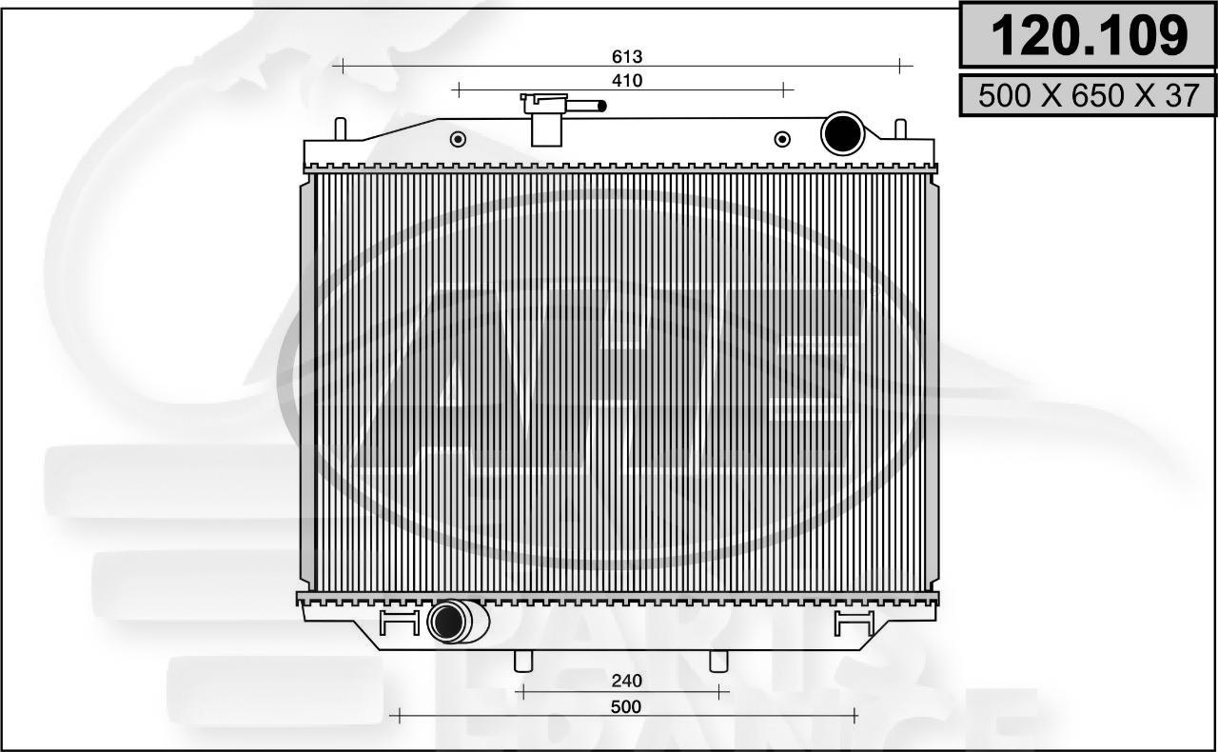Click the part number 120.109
pyautogui.click(x=1089, y=36)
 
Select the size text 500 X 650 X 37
pyautogui.click(x=1089, y=96)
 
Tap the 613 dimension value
pyautogui.click(x=627, y=58)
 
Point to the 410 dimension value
pyautogui.click(x=627, y=81)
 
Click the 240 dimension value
pyautogui.click(x=627, y=681)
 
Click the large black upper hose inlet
pyautogui.click(x=842, y=133)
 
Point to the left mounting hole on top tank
pyautogui.click(x=458, y=139)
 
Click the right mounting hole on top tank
pyautogui.click(x=782, y=139)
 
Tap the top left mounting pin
pyautogui.click(x=340, y=129)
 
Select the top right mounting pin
pyautogui.click(x=900, y=129)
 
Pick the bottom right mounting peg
pyautogui.click(x=719, y=660)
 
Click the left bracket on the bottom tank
pyautogui.click(x=399, y=623)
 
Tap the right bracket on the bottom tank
pyautogui.click(x=854, y=623)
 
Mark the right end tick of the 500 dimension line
pyautogui.click(x=855, y=715)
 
